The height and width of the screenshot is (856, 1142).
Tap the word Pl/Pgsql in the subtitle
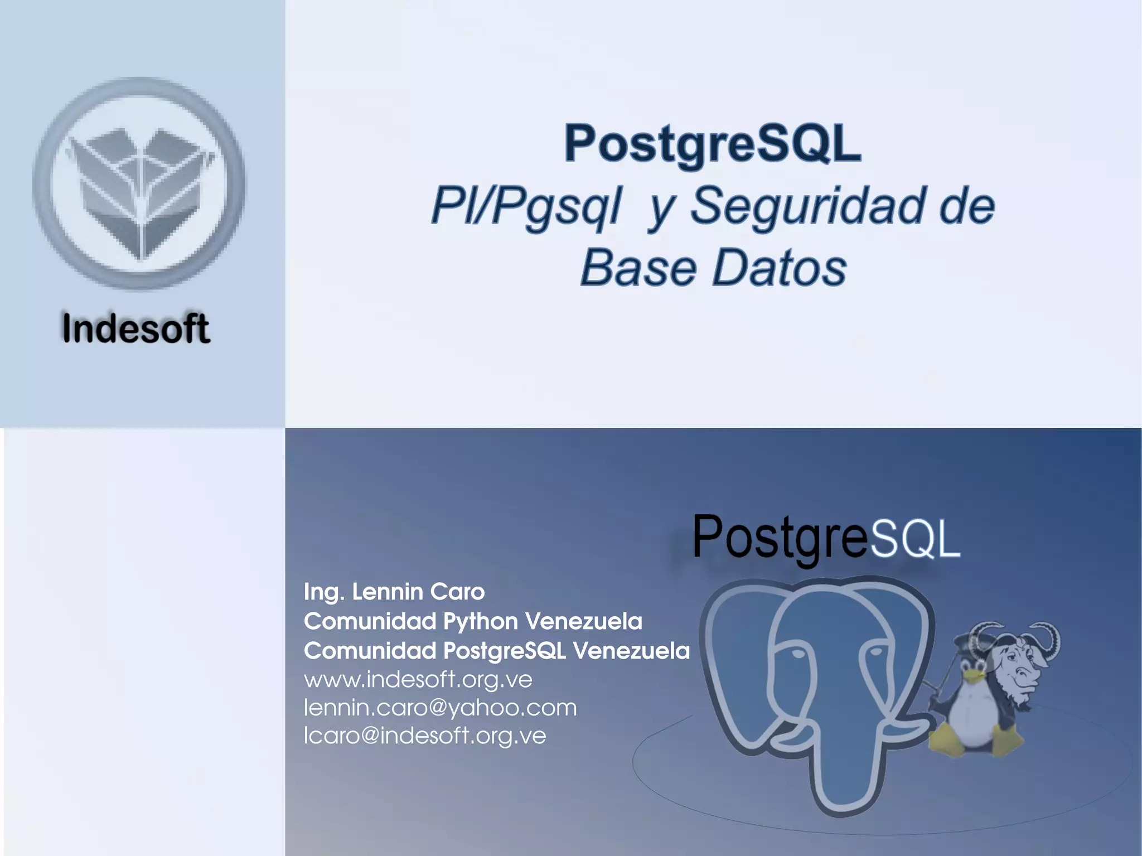point(526,206)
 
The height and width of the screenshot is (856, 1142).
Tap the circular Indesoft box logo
point(139,183)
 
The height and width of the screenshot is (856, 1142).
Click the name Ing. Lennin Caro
point(394,592)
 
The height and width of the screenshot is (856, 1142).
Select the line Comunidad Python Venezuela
point(473,621)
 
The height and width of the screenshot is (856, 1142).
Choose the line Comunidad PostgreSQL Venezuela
point(496,651)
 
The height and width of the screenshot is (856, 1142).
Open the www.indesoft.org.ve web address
point(418,679)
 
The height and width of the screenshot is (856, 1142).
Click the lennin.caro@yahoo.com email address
point(440,708)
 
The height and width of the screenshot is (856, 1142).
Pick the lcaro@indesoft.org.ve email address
point(425,736)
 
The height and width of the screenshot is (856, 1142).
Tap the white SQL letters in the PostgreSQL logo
point(914,539)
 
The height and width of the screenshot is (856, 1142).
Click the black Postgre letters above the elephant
point(780,536)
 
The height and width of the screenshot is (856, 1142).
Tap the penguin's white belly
point(973,719)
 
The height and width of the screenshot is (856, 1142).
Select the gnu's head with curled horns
point(1018,661)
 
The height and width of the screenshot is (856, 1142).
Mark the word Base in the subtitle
point(638,269)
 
